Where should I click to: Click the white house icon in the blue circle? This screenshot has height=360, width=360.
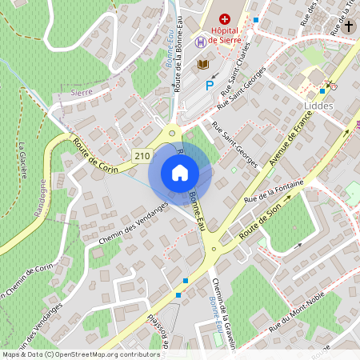[180, 172]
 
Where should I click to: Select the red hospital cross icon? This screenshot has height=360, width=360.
[225, 18]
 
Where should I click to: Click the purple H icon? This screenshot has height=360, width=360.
[200, 42]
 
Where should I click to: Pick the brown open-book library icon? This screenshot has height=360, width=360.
[203, 64]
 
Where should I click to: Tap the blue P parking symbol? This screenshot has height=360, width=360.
[210, 85]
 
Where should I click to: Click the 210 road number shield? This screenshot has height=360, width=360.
[142, 156]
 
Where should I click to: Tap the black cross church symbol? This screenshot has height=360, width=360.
[349, 26]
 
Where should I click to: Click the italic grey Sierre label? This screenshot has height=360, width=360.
[82, 92]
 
